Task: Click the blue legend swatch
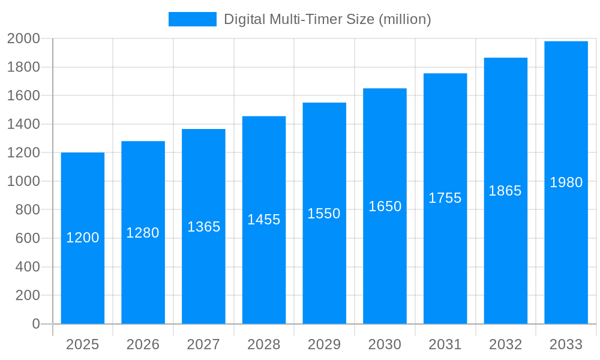tap(192, 19)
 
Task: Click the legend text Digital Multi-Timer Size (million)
tap(327, 19)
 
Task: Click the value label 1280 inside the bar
tap(143, 233)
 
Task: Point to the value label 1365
tap(203, 227)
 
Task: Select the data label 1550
tap(324, 214)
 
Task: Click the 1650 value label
tap(385, 206)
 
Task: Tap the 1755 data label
tap(445, 198)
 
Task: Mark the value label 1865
tap(505, 191)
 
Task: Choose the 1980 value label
tap(566, 182)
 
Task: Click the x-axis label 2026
tap(143, 344)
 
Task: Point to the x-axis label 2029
tap(324, 344)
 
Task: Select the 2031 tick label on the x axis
tap(445, 344)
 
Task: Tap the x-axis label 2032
tap(505, 344)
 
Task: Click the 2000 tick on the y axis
tap(23, 38)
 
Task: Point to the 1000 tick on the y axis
tap(23, 181)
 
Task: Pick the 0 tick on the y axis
tap(35, 324)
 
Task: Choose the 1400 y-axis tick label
tap(23, 124)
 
